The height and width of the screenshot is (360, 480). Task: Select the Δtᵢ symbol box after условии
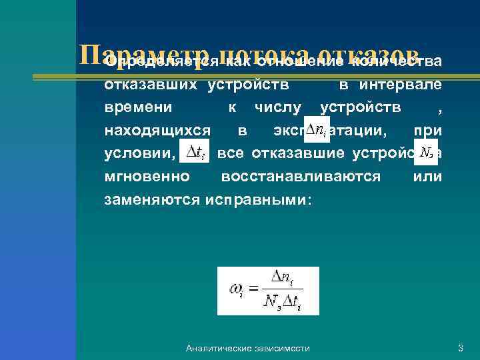coord(194,153)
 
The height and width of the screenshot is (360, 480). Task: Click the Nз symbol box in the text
coord(425,153)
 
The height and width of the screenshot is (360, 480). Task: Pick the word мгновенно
coord(147,176)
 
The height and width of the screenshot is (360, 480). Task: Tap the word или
coord(427,176)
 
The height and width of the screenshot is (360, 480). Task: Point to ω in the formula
coord(236,291)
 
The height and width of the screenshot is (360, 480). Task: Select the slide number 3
coord(460,348)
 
